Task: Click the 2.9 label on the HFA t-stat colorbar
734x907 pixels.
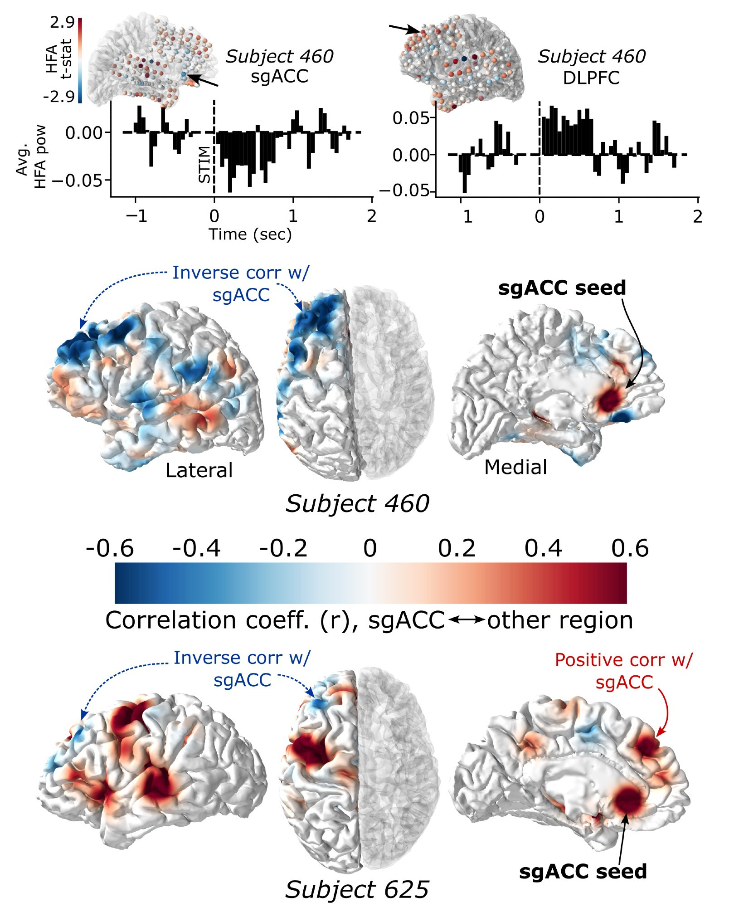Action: pos(62,22)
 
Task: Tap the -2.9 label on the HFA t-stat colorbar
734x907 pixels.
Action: pos(59,96)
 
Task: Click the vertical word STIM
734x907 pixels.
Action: pos(205,164)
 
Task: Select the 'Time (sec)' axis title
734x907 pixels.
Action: pos(250,234)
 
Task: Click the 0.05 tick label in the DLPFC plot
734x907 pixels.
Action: pos(411,118)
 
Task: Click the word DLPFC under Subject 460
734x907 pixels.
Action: pos(591,78)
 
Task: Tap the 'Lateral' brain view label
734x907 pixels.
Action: pos(199,470)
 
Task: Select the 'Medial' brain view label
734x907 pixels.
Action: pos(515,467)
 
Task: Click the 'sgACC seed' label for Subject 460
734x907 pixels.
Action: pos(562,288)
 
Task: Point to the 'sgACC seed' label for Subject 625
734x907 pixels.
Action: pos(583,872)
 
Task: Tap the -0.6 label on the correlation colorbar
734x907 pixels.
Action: pos(110,548)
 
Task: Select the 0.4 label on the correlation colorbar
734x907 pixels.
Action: pos(543,548)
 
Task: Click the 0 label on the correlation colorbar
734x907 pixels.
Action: pos(370,548)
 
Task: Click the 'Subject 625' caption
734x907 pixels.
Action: pos(357,889)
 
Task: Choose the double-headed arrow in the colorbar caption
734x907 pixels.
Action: pos(467,620)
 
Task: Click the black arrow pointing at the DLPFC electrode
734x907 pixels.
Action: pos(405,29)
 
